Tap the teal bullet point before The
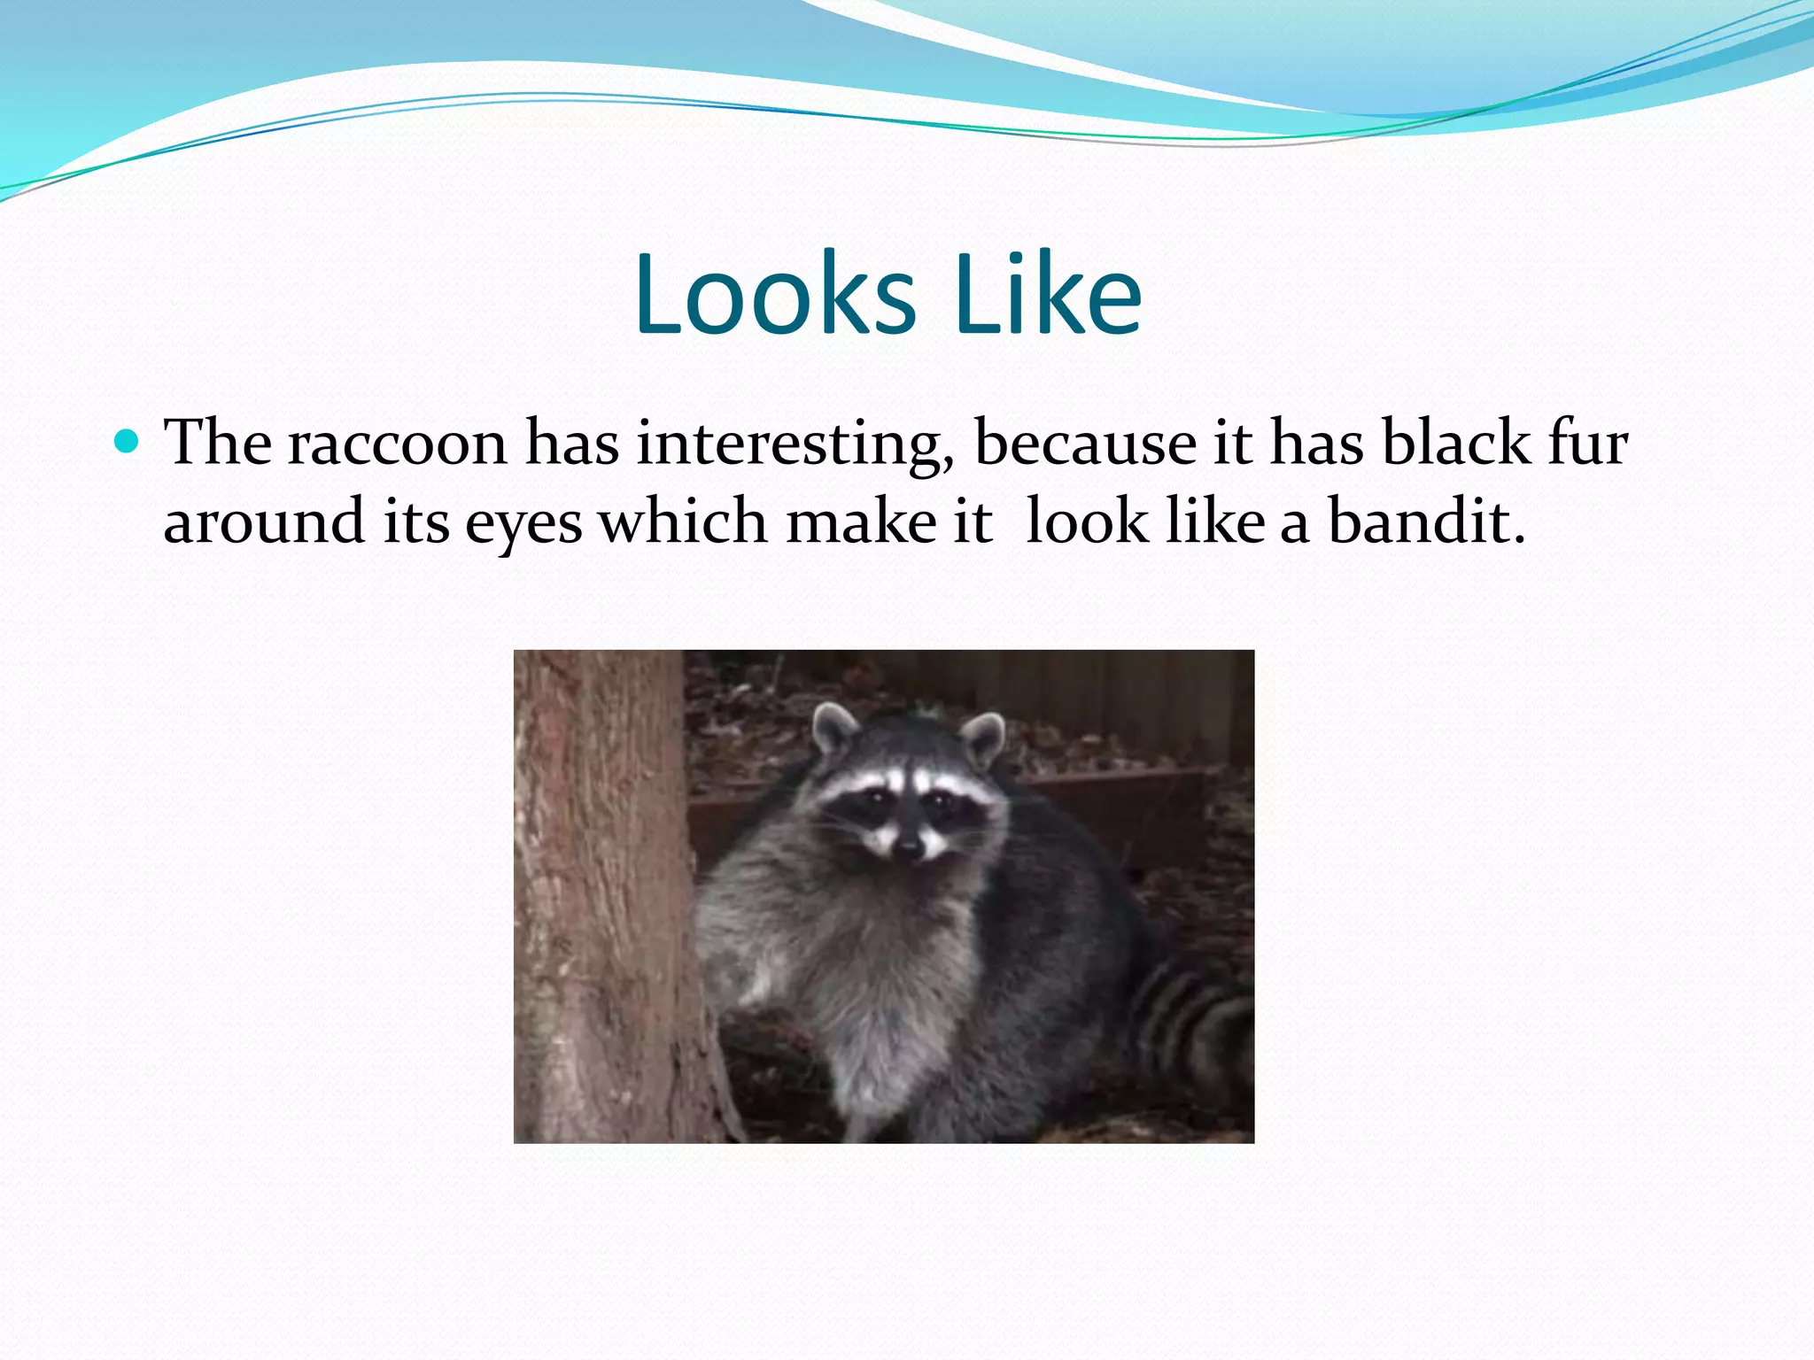click(128, 440)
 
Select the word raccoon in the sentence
click(397, 443)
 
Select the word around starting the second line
click(264, 522)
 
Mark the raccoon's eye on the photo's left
click(873, 800)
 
